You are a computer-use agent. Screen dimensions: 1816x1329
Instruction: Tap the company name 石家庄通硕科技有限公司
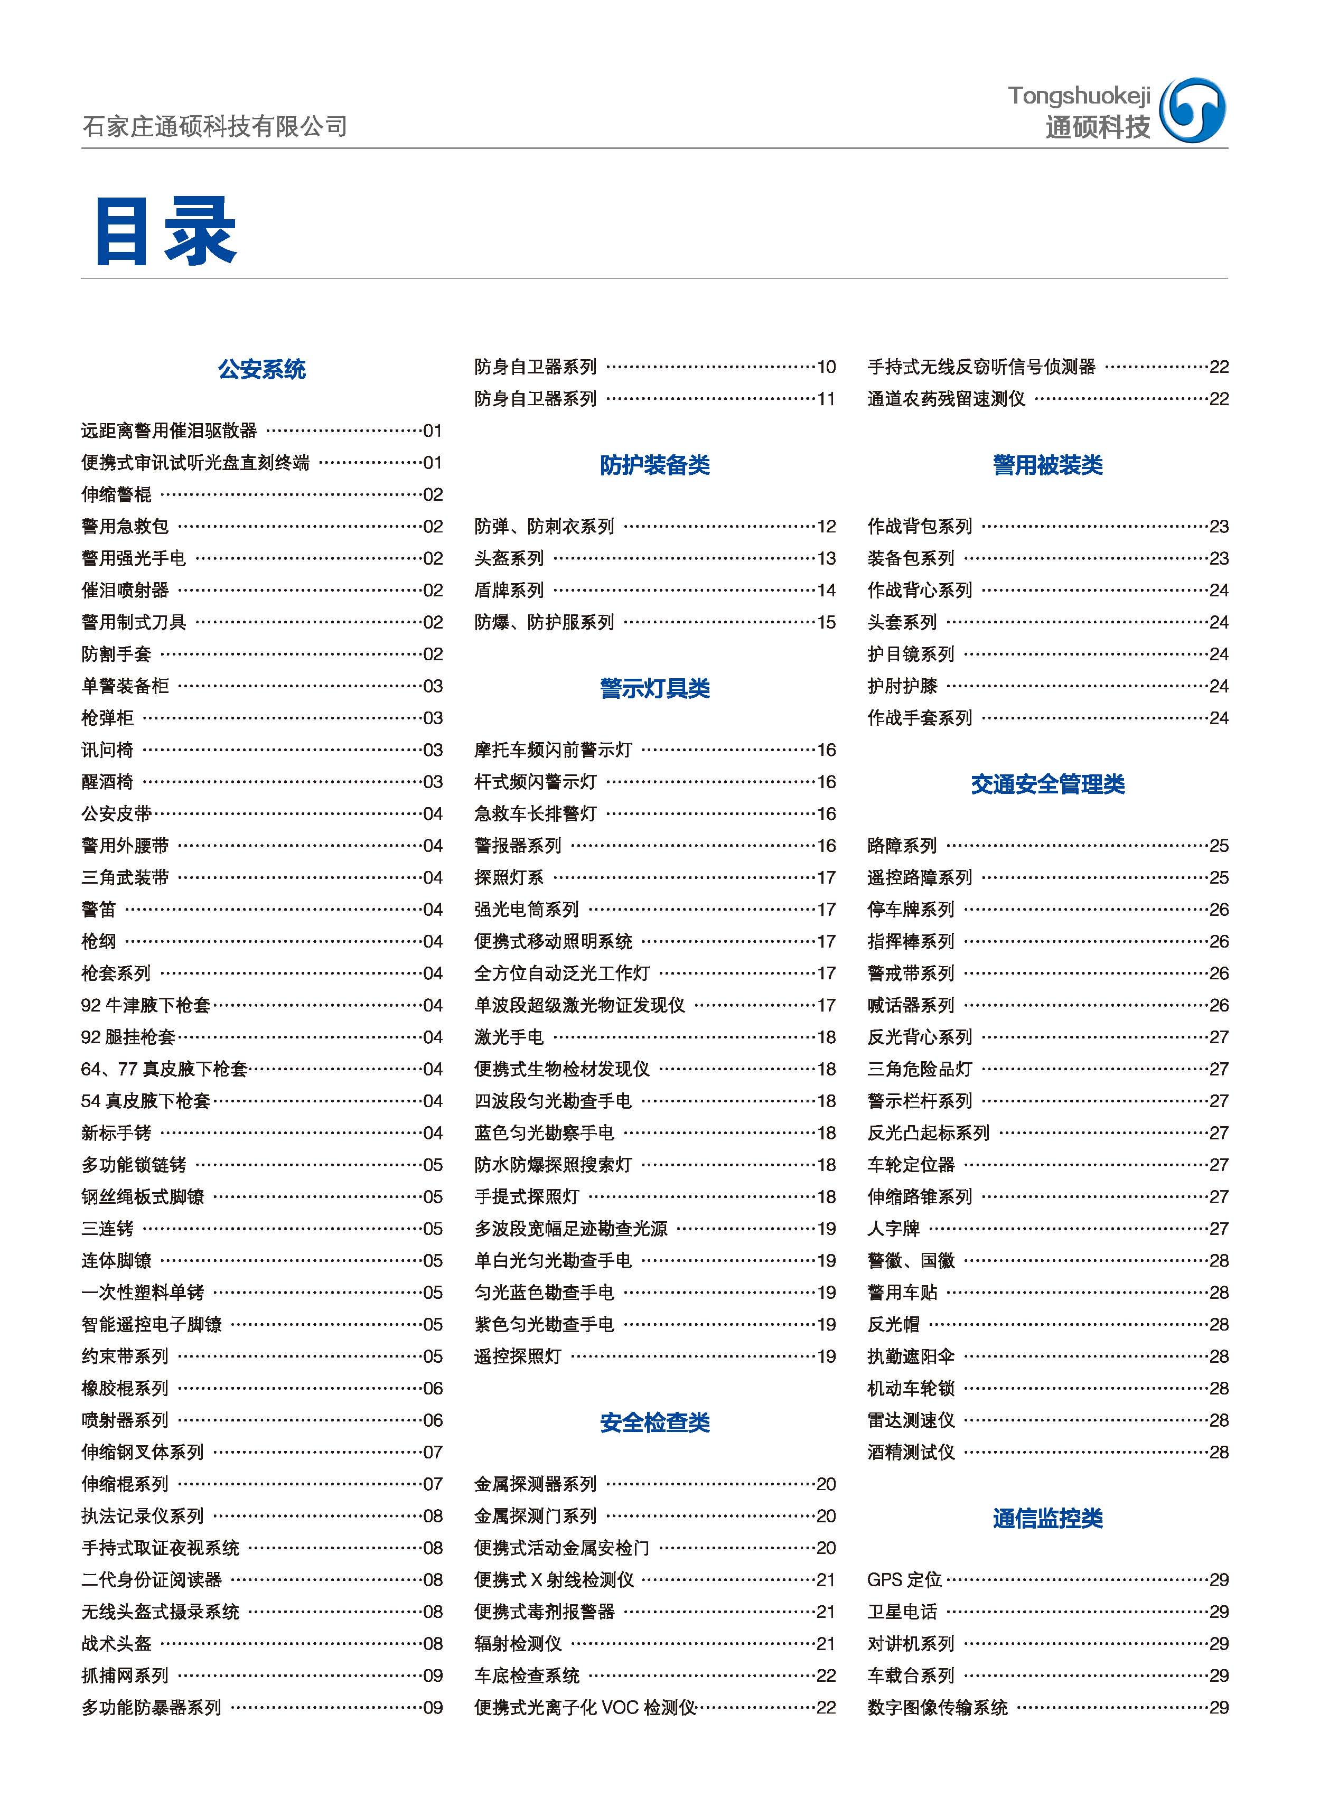[215, 126]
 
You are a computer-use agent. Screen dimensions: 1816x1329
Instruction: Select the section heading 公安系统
[261, 369]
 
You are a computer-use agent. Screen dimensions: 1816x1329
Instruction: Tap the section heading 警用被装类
[1047, 465]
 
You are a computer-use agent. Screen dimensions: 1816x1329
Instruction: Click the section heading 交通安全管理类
[1047, 784]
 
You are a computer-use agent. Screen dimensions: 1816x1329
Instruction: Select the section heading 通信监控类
[1047, 1519]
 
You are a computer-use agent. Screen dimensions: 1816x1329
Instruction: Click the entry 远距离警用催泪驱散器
[169, 431]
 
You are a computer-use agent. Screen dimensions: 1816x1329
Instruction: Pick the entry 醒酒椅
[107, 782]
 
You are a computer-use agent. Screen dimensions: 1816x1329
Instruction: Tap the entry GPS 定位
[904, 1579]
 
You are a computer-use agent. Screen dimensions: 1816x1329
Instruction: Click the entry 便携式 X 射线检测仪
[554, 1579]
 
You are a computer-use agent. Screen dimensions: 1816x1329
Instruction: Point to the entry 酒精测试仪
[911, 1452]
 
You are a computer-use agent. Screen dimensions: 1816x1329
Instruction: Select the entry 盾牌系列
[509, 591]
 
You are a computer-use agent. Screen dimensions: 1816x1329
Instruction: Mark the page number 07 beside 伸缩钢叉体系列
[433, 1452]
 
